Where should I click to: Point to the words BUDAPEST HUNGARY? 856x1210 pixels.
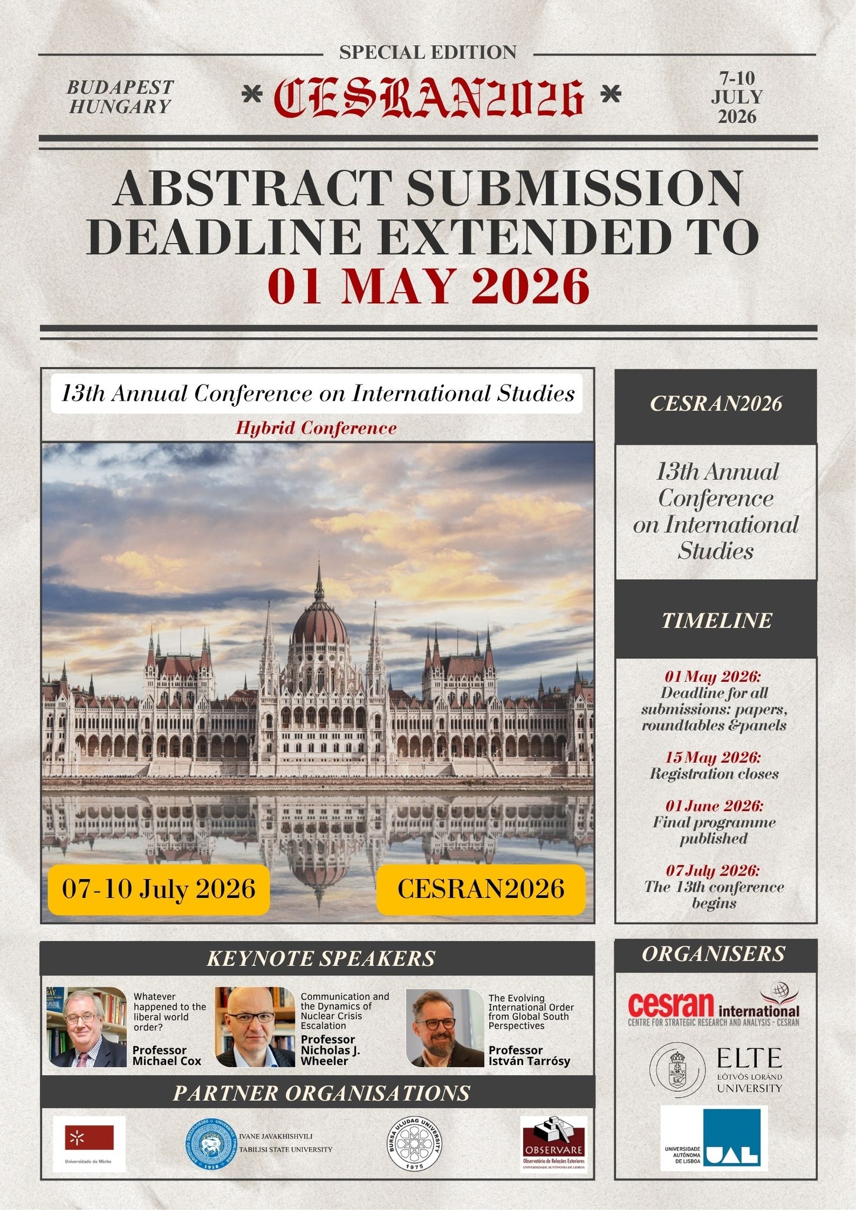pyautogui.click(x=120, y=97)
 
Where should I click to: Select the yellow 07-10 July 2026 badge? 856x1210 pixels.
pyautogui.click(x=158, y=889)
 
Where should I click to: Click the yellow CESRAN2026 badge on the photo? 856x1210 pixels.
pyautogui.click(x=481, y=889)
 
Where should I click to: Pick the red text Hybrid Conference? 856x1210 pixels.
pyautogui.click(x=316, y=428)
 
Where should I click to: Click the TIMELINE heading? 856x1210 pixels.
pyautogui.click(x=716, y=620)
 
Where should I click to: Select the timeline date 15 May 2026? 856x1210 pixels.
pyautogui.click(x=712, y=757)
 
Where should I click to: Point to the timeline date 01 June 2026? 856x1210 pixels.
pyautogui.click(x=714, y=806)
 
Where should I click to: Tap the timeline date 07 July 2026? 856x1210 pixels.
pyautogui.click(x=712, y=870)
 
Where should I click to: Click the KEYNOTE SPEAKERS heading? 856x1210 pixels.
pyautogui.click(x=320, y=958)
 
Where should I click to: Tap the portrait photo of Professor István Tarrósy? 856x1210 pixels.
pyautogui.click(x=445, y=1028)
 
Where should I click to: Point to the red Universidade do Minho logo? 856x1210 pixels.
pyautogui.click(x=89, y=1137)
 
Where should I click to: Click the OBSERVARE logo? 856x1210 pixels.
pyautogui.click(x=553, y=1143)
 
